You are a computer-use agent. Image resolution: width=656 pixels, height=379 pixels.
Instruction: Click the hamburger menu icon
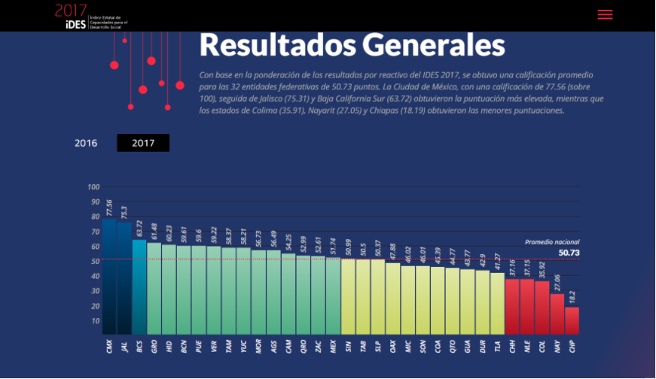tap(605, 14)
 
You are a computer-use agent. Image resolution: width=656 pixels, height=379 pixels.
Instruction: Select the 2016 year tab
tap(86, 143)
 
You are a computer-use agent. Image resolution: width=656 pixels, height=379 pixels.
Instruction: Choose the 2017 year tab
tap(142, 143)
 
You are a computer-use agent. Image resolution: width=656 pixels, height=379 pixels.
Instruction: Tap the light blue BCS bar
tap(139, 287)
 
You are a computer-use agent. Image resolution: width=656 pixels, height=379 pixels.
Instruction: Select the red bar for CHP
tap(572, 320)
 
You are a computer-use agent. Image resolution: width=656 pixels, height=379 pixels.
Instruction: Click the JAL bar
tap(124, 277)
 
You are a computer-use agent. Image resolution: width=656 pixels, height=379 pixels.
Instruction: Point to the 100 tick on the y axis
tap(93, 187)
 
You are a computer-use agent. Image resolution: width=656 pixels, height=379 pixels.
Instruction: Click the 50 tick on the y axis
tap(95, 261)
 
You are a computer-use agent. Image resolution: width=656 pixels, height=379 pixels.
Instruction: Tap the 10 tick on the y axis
tap(95, 321)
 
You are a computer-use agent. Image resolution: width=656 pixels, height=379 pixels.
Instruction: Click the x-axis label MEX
tap(333, 346)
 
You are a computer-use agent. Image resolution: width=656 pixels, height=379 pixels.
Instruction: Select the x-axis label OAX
tap(393, 346)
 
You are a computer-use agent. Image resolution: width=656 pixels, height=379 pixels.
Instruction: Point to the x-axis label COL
tap(542, 346)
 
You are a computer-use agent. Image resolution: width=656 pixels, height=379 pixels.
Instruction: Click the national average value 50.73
tap(569, 253)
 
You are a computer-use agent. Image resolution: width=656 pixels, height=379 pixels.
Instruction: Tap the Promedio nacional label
tap(552, 242)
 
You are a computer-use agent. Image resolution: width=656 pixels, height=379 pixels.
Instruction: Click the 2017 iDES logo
tap(71, 15)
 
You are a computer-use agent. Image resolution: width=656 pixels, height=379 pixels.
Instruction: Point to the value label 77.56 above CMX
tap(110, 208)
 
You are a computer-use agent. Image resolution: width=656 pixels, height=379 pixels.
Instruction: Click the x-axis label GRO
tap(154, 346)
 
